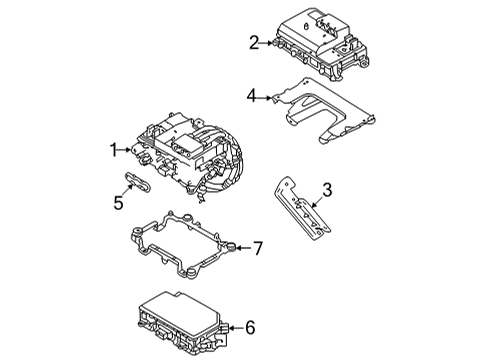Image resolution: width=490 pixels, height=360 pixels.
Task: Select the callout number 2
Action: (253, 42)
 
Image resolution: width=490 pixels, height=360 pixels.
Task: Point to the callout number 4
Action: (252, 96)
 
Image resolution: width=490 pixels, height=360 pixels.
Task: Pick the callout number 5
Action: (117, 203)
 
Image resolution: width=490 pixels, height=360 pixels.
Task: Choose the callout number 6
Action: (249, 326)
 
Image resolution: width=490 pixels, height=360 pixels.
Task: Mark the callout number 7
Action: (257, 247)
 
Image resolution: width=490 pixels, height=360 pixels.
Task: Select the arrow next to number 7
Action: (242, 247)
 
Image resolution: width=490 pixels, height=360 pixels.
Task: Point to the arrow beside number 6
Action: (234, 326)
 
